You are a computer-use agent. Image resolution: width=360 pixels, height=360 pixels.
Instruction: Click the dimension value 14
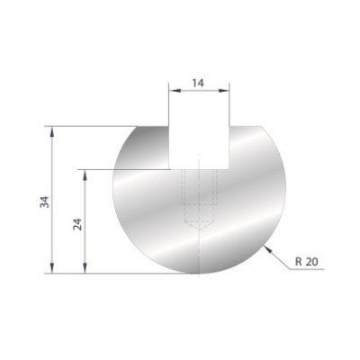[199, 82]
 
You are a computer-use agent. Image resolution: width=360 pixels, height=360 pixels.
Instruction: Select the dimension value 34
[44, 200]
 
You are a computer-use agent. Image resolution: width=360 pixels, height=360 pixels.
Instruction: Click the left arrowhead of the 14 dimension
[174, 90]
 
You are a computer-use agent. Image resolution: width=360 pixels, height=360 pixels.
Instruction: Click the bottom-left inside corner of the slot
[171, 168]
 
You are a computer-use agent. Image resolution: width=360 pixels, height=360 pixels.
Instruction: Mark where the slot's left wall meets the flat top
[171, 127]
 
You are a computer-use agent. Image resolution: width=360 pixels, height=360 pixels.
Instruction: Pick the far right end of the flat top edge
[259, 127]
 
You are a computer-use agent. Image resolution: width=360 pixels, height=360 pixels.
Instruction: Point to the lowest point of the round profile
[199, 272]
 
